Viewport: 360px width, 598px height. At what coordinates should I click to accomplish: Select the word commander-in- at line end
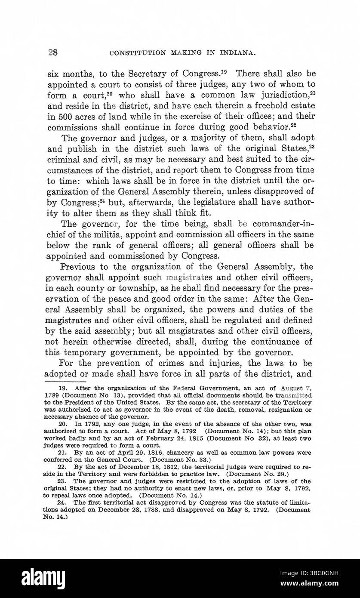[x=284, y=224]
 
